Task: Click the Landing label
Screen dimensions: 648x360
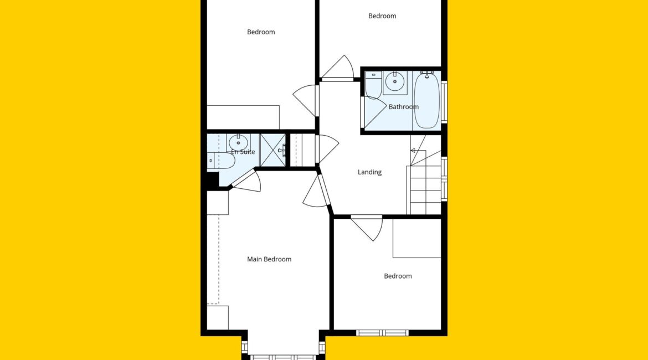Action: pos(369,172)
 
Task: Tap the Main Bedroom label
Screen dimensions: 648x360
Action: pos(269,259)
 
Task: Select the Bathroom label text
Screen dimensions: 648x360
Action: pos(403,107)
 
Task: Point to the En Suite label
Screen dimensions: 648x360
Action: pos(243,152)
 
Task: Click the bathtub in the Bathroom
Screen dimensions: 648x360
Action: pos(426,100)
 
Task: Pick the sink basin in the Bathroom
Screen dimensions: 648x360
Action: pos(395,82)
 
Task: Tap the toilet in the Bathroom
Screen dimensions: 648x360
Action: pos(374,85)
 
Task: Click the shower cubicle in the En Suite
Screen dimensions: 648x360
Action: pos(272,150)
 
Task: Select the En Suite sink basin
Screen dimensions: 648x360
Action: pos(238,142)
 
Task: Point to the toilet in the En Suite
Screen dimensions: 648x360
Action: pos(220,161)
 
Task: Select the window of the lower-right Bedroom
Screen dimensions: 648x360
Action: pos(382,333)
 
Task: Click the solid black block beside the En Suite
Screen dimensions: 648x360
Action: pos(213,181)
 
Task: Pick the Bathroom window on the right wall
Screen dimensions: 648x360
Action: pos(444,102)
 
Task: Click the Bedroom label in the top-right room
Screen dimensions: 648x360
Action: pos(382,16)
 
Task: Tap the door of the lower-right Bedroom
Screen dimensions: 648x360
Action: pos(367,227)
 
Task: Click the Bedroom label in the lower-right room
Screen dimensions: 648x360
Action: pos(398,276)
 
